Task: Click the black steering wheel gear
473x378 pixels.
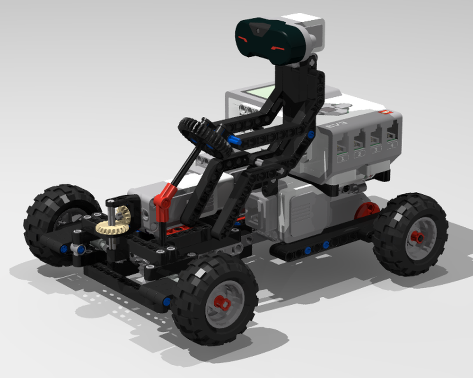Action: tap(204, 137)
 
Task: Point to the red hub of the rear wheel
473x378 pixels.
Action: tap(417, 237)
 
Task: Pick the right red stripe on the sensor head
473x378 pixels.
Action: tap(277, 47)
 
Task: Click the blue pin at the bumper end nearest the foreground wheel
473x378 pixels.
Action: tap(166, 301)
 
